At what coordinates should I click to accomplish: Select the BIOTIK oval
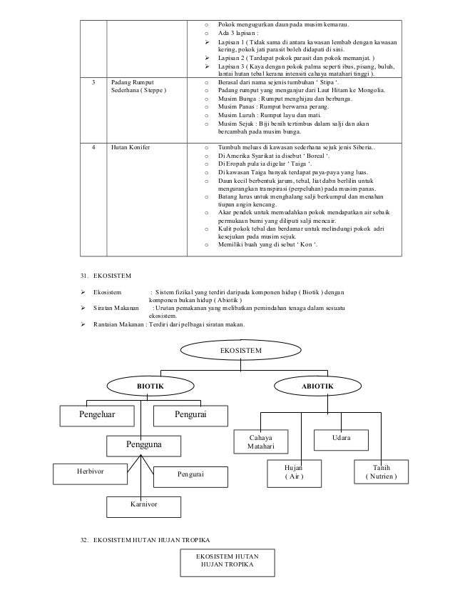point(150,386)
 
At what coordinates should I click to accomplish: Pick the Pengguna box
point(143,445)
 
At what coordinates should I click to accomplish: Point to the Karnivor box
point(143,504)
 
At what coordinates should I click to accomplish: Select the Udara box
point(341,437)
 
